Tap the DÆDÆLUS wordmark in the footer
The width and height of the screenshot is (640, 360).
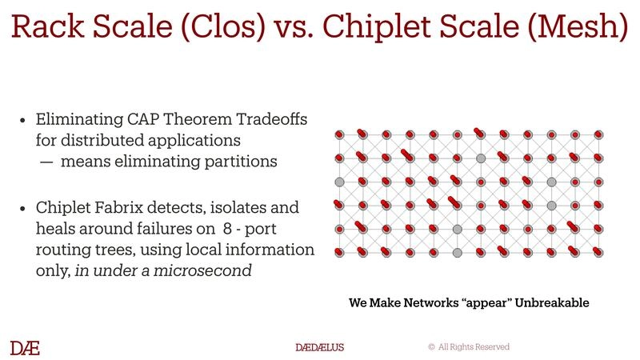(319, 347)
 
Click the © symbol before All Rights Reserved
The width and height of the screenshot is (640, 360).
(431, 347)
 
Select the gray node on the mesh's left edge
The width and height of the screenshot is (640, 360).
(338, 182)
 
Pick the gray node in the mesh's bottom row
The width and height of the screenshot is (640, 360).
(457, 253)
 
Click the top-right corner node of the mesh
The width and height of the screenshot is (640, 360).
(598, 134)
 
